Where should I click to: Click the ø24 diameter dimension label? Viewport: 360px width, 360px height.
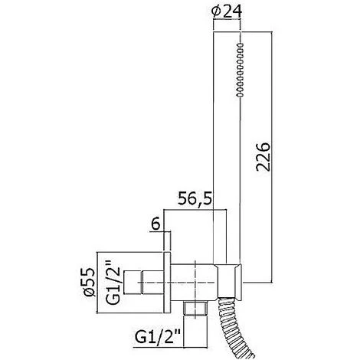227,11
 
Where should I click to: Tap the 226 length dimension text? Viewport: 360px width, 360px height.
263,156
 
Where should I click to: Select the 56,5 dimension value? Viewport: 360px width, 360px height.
195,198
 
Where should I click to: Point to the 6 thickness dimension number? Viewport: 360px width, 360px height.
155,224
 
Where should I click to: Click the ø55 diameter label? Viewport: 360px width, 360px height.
90,282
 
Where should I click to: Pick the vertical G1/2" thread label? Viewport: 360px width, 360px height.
113,283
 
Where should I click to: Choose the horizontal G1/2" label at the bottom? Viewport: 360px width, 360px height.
158,337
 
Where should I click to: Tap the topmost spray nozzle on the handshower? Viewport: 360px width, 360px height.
240,45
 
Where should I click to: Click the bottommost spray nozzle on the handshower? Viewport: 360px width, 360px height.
240,95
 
